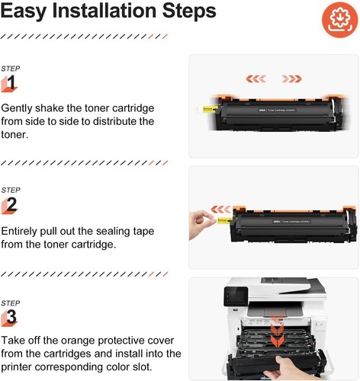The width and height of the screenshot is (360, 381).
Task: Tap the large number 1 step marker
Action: tap(11, 82)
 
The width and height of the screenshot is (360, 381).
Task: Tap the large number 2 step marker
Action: tap(11, 204)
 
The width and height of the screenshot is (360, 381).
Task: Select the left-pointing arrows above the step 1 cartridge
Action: tap(255, 77)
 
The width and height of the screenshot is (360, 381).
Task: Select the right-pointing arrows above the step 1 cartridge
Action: tap(292, 77)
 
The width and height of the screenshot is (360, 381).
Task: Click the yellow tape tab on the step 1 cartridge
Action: tap(210, 110)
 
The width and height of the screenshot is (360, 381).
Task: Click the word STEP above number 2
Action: tap(11, 189)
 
